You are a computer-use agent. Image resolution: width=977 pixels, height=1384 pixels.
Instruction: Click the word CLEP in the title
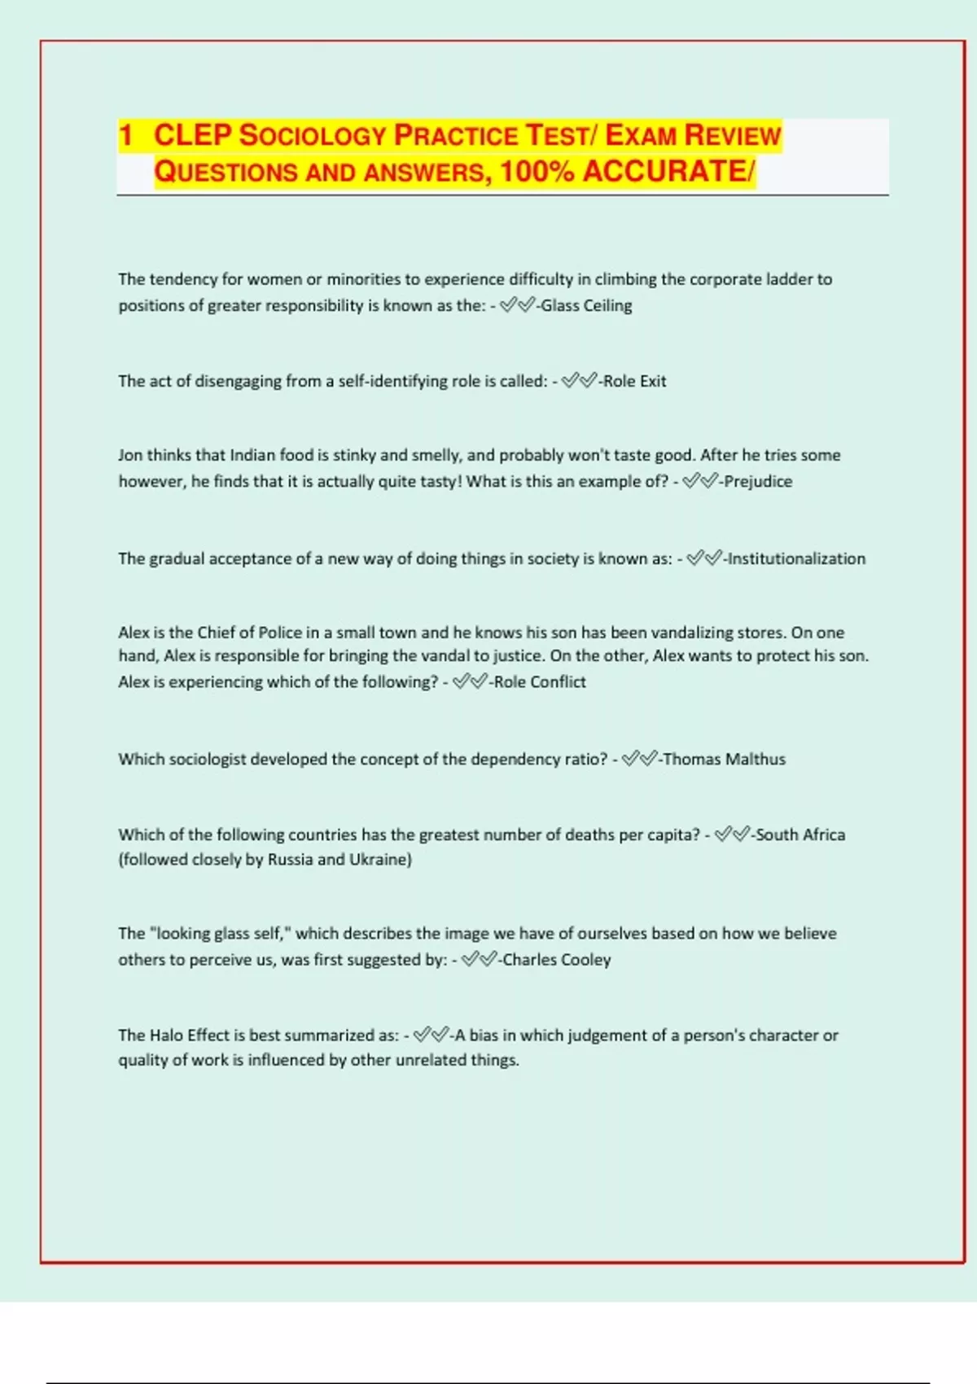pos(193,135)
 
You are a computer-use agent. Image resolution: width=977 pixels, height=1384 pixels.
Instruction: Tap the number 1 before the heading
pos(125,135)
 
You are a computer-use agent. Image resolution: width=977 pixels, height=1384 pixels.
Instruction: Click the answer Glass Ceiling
pos(586,305)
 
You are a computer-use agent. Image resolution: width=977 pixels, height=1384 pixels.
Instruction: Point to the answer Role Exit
pos(634,381)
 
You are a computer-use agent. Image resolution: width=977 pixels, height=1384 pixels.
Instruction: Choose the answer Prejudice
pos(758,481)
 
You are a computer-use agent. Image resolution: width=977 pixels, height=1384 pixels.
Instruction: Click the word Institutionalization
pos(796,558)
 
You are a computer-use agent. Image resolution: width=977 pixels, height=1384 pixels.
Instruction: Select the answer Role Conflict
pos(539,681)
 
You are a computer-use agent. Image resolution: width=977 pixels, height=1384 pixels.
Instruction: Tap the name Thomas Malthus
pos(724,759)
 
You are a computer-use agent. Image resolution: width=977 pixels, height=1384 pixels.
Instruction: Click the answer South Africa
pos(800,834)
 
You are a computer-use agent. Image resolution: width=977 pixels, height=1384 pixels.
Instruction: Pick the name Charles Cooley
pos(556,960)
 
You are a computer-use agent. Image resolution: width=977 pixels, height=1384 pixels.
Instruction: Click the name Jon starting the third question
pos(130,455)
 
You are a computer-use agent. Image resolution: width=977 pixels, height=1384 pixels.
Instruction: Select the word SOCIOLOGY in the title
pos(313,135)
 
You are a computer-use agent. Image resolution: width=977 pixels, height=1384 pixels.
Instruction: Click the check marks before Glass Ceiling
pos(517,305)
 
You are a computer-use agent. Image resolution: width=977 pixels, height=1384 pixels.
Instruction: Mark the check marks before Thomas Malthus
pos(639,759)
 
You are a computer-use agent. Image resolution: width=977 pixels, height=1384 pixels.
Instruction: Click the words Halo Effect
pos(189,1035)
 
